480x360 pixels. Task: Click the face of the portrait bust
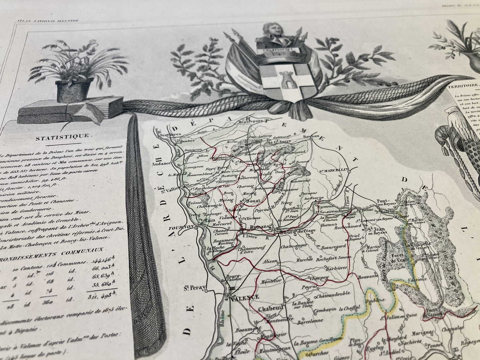pos(275,33)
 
